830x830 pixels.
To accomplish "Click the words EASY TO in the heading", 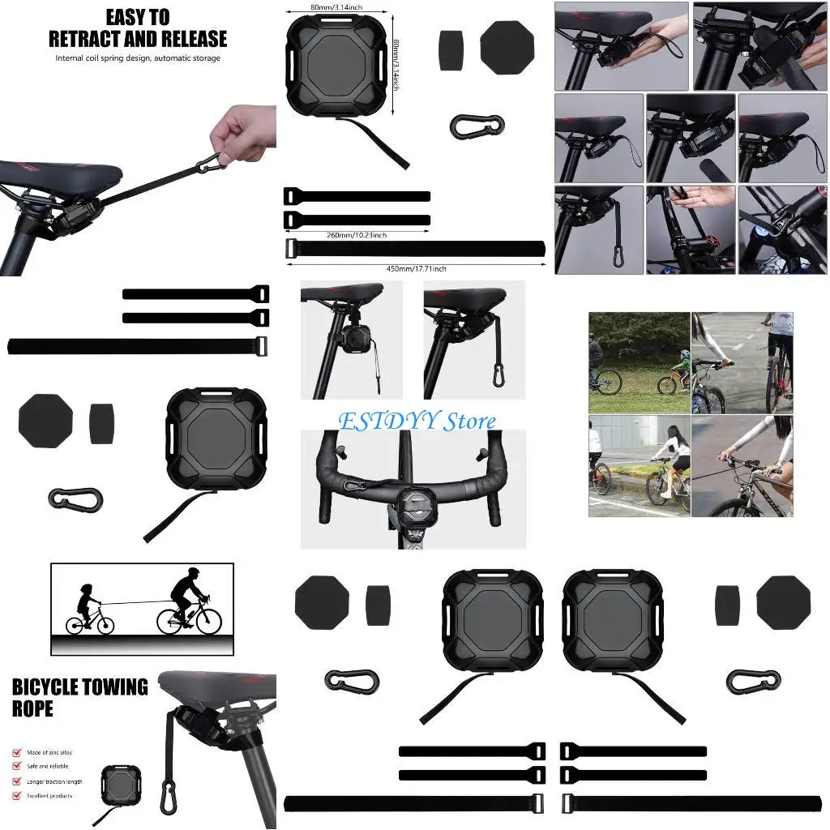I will [138, 16].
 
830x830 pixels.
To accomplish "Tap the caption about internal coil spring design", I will [138, 58].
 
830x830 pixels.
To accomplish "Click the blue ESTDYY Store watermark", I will [417, 421].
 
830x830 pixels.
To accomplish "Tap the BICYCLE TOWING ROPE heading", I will [79, 698].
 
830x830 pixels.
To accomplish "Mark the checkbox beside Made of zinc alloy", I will [17, 751].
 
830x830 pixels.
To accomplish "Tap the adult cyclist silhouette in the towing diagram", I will [188, 600].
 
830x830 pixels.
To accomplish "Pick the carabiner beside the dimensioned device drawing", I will [477, 125].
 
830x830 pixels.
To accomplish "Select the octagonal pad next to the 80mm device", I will [507, 48].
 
